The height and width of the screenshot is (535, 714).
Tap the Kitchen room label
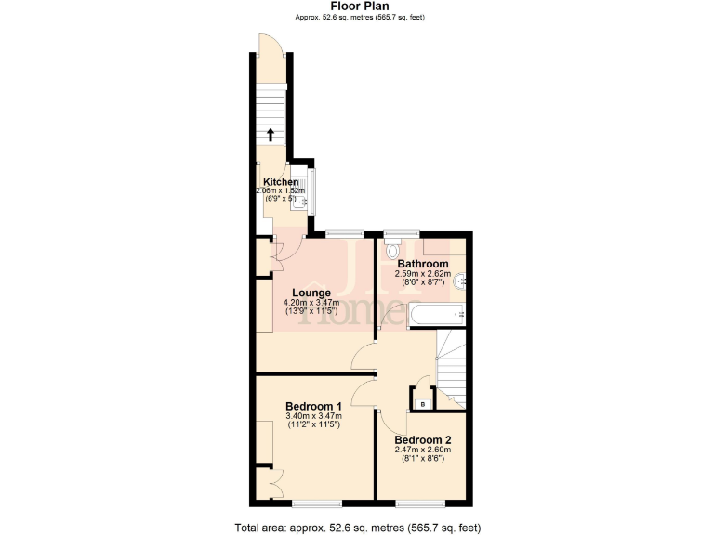tap(281, 182)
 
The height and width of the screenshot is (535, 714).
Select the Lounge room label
tap(311, 293)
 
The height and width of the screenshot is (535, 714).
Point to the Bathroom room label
tap(423, 264)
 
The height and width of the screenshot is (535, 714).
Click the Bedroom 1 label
tap(313, 406)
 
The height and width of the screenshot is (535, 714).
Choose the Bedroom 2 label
tap(423, 439)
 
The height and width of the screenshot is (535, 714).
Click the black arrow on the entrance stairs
tap(271, 134)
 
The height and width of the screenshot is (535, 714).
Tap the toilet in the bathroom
tap(392, 249)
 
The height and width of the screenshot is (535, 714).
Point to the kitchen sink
tap(298, 205)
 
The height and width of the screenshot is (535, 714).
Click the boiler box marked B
tap(422, 403)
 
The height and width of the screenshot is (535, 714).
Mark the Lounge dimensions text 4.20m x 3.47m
tap(311, 303)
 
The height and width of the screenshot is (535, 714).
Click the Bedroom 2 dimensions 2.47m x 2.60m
tap(423, 450)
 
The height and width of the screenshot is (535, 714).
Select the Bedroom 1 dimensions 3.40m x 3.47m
tap(313, 416)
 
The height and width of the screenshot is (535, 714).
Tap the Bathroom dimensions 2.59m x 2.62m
tap(423, 274)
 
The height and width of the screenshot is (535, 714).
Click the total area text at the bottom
tap(358, 528)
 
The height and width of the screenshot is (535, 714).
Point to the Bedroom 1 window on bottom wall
tap(311, 503)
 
